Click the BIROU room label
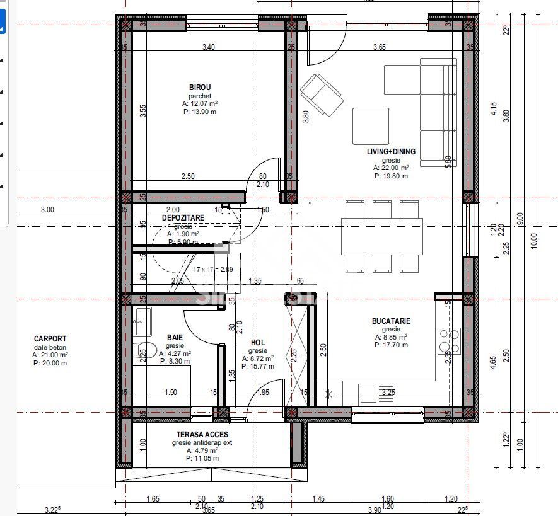click(200, 88)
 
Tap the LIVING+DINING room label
click(391, 152)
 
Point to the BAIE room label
click(175, 338)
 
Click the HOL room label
click(258, 343)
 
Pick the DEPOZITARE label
click(183, 218)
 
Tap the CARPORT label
click(50, 339)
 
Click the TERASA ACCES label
click(202, 434)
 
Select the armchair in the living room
click(322, 95)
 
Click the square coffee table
click(371, 126)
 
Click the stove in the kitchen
click(450, 341)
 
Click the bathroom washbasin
click(141, 321)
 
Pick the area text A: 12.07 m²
click(200, 103)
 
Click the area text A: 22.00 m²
click(391, 168)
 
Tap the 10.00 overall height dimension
click(535, 239)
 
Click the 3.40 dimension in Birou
click(208, 47)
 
